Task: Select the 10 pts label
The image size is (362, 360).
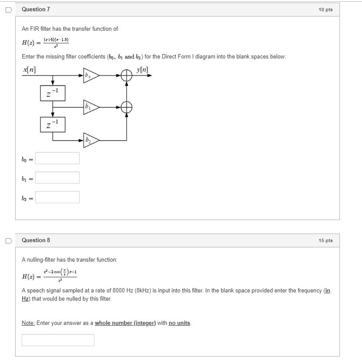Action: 325,10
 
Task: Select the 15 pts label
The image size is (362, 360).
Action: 325,240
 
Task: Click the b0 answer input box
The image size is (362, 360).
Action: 57,158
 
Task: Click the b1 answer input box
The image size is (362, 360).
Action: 57,178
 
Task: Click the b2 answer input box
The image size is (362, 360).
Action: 57,197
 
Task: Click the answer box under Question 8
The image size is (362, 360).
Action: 58,340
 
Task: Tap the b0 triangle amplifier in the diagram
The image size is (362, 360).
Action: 90,75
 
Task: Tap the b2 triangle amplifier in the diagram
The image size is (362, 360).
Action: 90,140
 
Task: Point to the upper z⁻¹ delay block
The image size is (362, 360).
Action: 52,93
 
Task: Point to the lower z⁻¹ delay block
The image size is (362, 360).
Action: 52,125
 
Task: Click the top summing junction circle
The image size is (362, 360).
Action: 126,76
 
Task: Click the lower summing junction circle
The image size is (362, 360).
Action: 126,107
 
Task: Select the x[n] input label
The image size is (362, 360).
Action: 29,70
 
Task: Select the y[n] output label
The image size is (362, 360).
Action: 142,70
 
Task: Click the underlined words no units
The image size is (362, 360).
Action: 179,323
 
